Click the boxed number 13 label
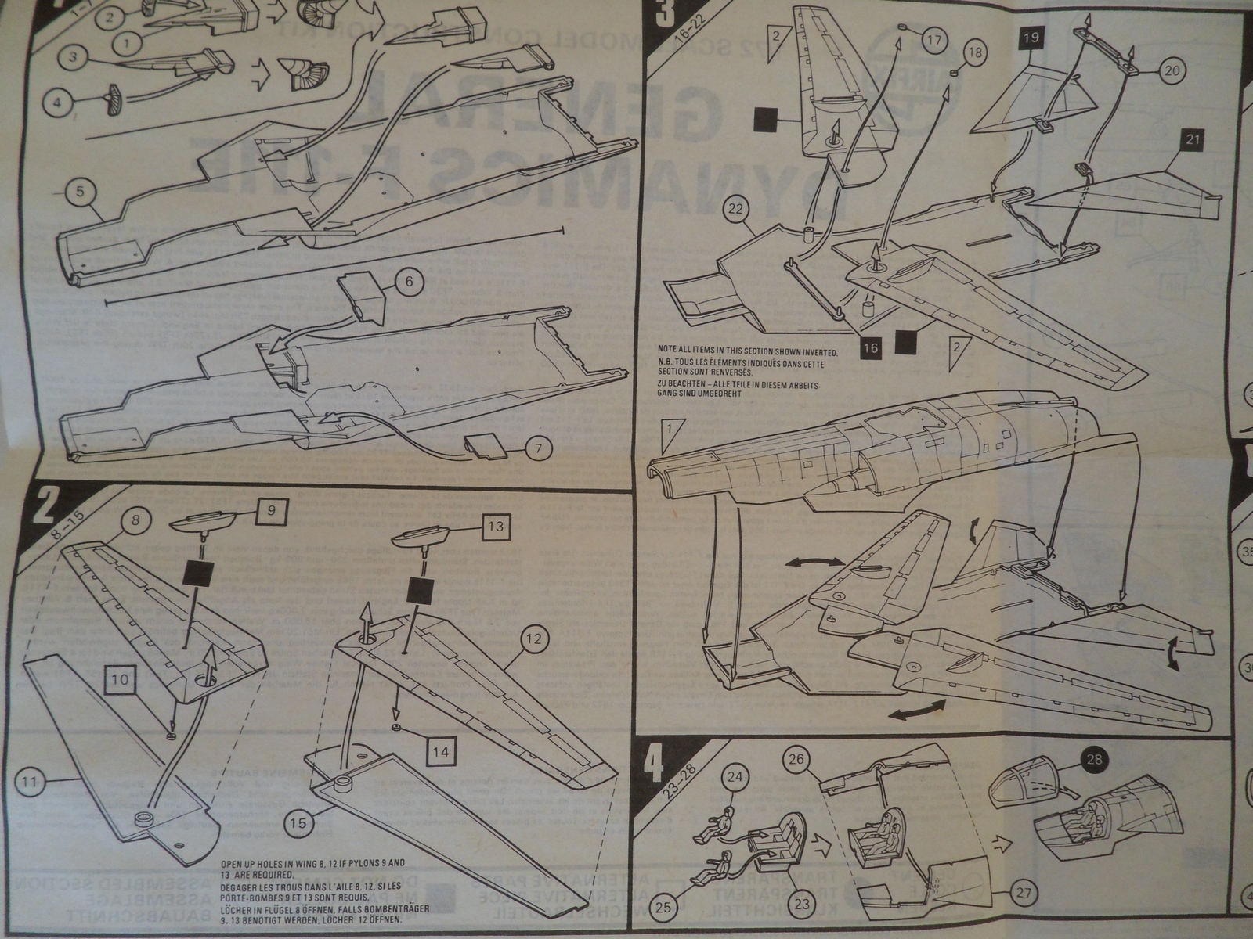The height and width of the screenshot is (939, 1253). (495, 526)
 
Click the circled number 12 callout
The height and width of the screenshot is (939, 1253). (533, 640)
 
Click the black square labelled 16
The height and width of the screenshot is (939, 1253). (871, 346)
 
